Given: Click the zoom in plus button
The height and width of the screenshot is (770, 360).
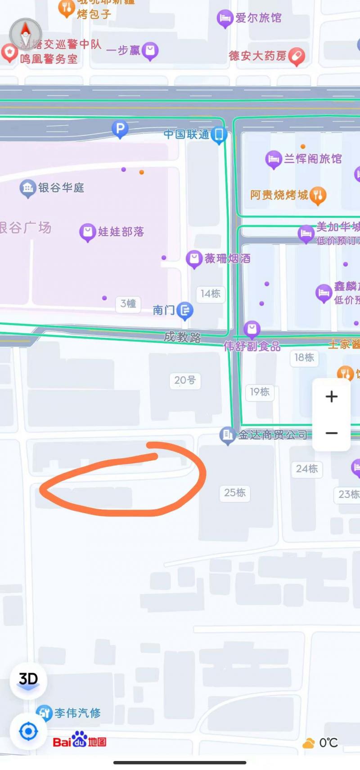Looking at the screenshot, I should [x=332, y=396].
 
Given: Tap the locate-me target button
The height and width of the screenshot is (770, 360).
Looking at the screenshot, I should [x=28, y=731].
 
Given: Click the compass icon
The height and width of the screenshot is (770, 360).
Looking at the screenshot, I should [x=26, y=33].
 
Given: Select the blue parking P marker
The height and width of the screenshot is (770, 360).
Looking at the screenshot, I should [x=120, y=130].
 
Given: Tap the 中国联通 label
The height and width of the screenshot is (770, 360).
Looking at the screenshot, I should [x=187, y=134].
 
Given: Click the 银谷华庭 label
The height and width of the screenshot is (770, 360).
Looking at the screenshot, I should [x=61, y=188].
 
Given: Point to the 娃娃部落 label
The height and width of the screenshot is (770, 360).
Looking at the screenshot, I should [x=121, y=232].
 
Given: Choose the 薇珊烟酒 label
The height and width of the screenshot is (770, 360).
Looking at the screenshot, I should [x=227, y=258].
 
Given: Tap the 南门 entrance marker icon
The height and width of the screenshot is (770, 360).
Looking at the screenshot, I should [x=185, y=310].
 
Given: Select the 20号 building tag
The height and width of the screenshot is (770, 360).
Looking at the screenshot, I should [x=185, y=381].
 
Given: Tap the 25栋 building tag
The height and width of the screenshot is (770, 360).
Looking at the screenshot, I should [x=235, y=492].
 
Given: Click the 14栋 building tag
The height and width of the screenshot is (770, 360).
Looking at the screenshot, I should [x=211, y=294].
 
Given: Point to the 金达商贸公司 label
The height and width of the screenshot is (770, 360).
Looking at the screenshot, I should [x=272, y=434].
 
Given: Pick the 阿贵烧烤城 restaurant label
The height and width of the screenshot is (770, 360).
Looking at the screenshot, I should [x=279, y=195].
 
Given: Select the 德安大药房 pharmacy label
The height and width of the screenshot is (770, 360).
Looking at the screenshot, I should [x=257, y=56].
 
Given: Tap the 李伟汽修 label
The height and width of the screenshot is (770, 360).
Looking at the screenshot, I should [x=77, y=713].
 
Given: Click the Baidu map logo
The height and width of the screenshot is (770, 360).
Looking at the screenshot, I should [x=80, y=742].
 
